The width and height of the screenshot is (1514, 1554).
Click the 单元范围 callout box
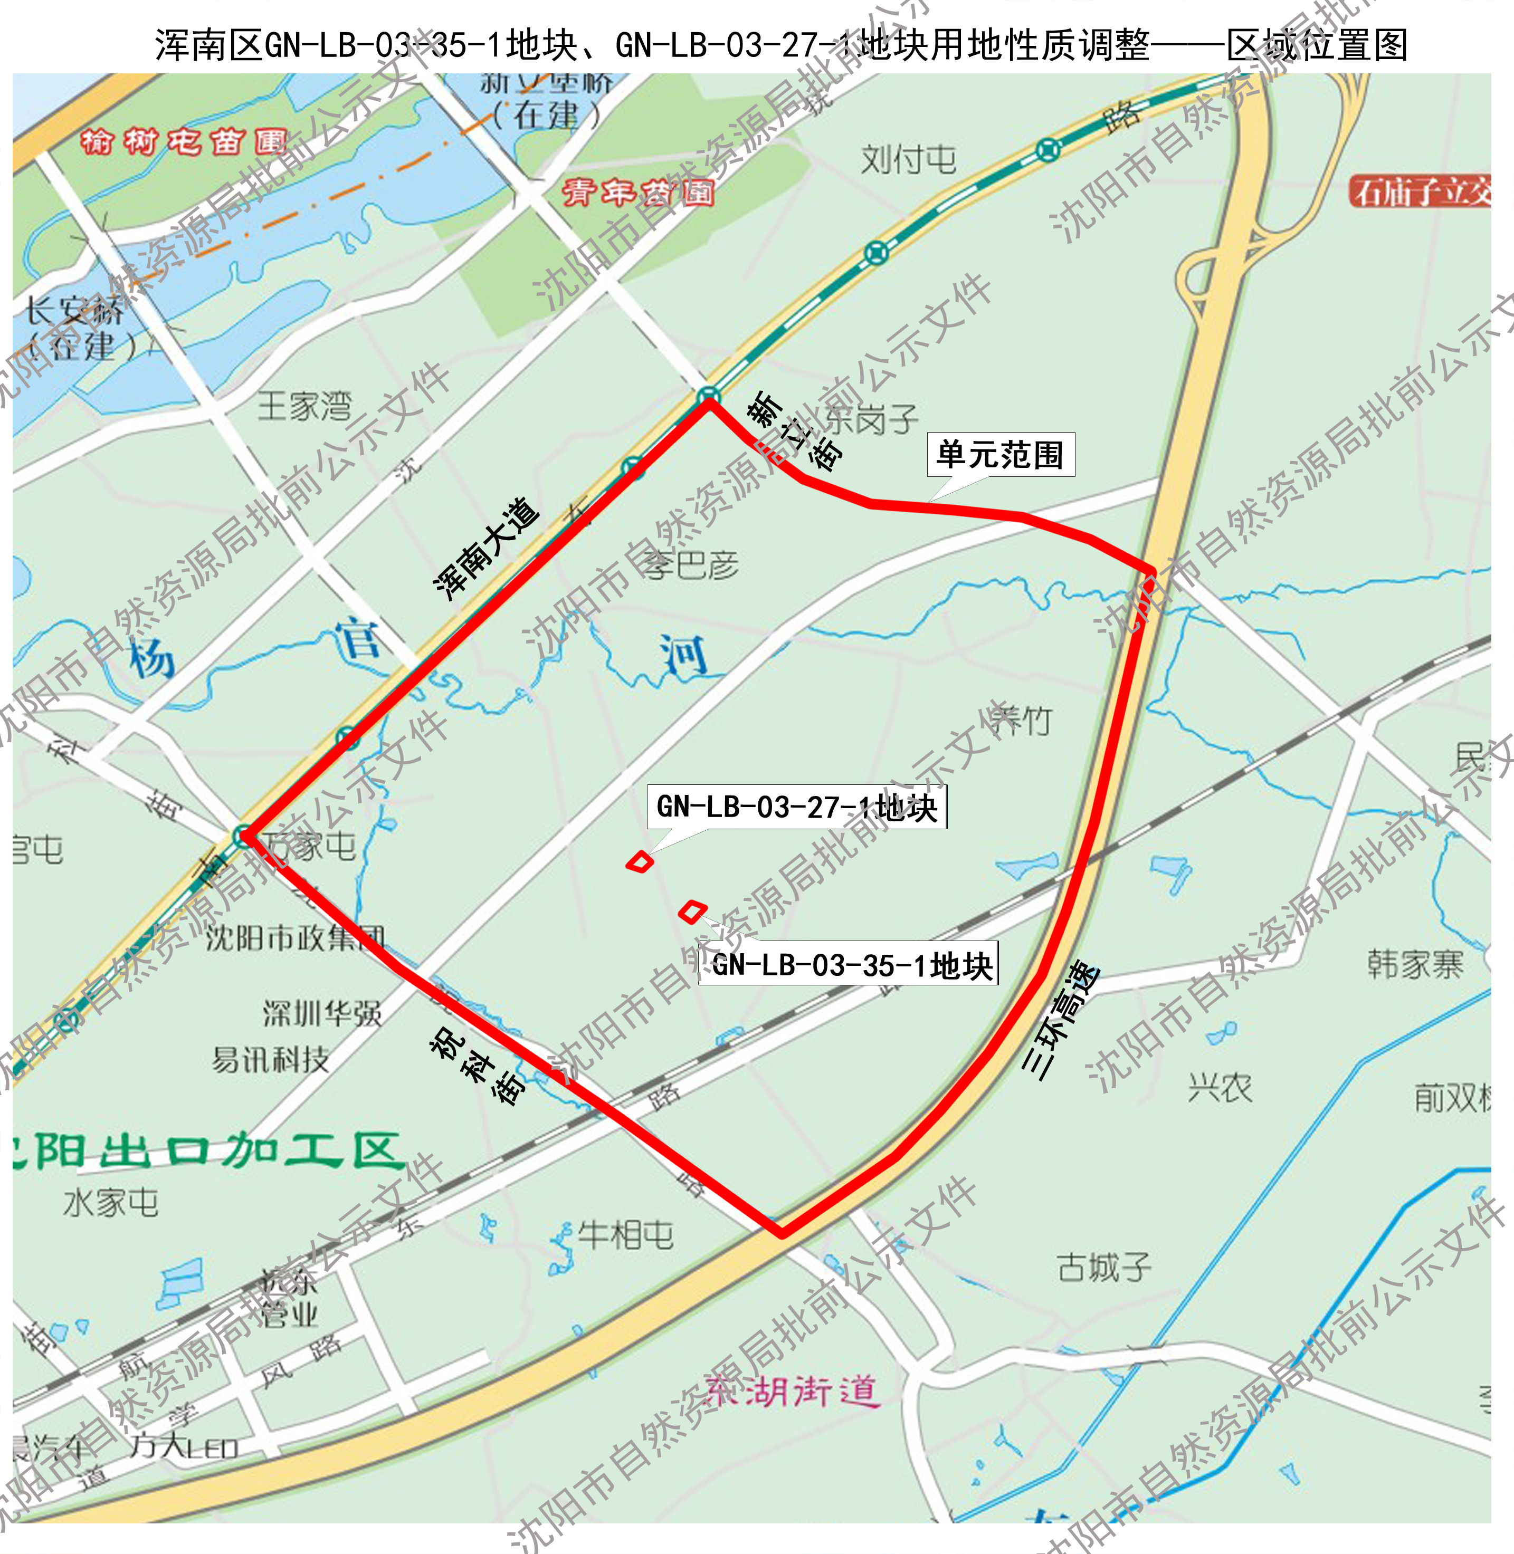click(x=1001, y=455)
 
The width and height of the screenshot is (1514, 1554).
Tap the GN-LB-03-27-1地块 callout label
click(x=797, y=807)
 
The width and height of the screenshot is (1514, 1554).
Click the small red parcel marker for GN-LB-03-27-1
click(x=639, y=861)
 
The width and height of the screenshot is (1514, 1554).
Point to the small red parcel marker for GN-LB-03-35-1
click(x=692, y=911)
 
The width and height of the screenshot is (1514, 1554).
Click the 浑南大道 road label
click(x=487, y=549)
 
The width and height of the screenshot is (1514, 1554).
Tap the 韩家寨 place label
click(x=1415, y=964)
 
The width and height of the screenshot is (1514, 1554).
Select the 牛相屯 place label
click(x=625, y=1234)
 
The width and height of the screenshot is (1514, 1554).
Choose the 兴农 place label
click(x=1220, y=1087)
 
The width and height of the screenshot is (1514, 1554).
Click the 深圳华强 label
click(x=322, y=1013)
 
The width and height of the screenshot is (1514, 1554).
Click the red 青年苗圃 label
click(x=637, y=193)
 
